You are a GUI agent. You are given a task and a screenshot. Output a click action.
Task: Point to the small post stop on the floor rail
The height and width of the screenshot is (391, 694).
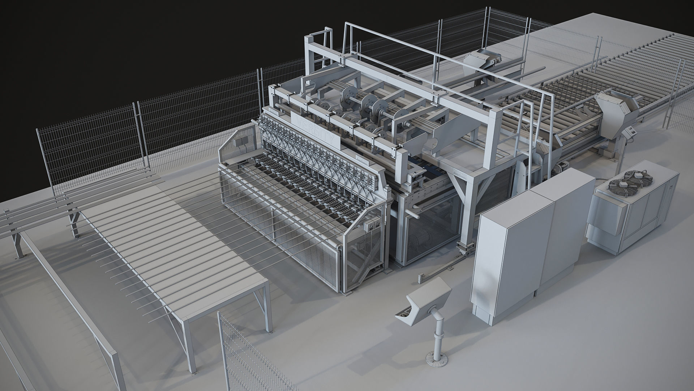[x=420, y=277]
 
